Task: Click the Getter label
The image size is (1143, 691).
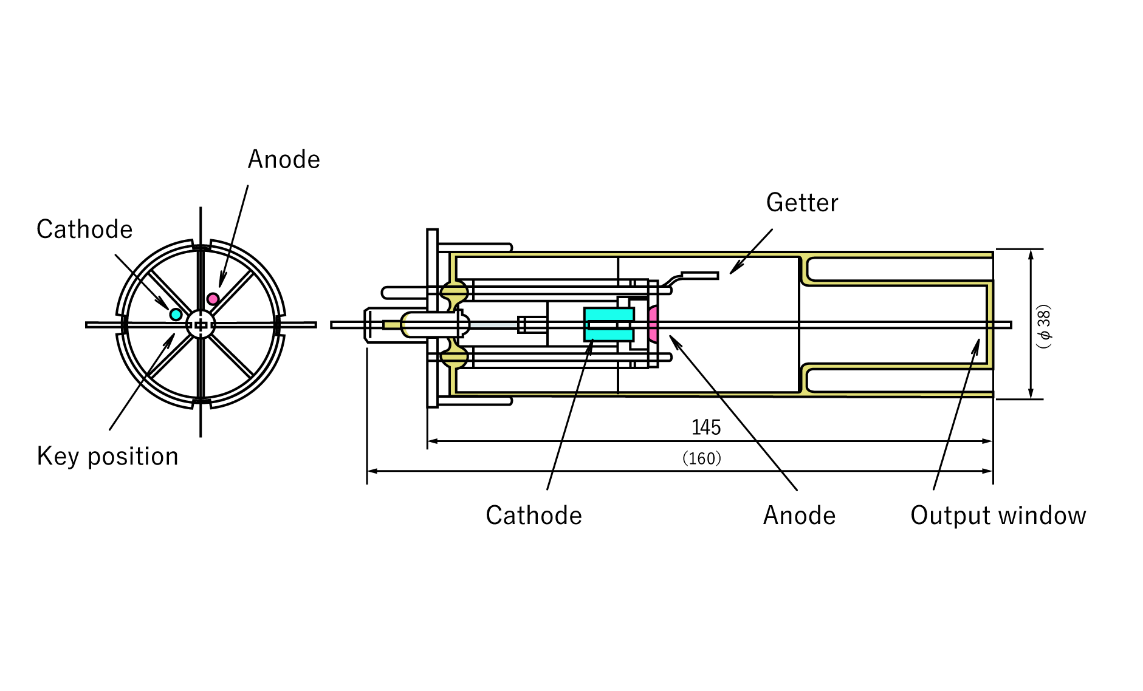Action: coord(801,203)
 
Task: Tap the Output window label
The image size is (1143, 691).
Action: coord(998,516)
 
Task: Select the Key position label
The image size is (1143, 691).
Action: coord(108,457)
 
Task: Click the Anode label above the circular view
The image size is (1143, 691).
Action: coord(284,160)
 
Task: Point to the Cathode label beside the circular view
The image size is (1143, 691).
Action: coord(84,230)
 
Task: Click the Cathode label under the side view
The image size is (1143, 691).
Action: coord(534,516)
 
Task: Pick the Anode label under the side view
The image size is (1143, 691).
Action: coord(799,516)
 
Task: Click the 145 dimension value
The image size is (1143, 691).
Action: coord(706,427)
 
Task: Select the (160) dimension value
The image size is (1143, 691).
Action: coord(702,458)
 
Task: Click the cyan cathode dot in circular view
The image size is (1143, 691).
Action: coord(176,314)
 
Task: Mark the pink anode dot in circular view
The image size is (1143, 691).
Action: coord(213,299)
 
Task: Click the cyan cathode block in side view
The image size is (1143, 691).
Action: coord(608,324)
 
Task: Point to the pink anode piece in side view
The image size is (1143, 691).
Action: coord(653,324)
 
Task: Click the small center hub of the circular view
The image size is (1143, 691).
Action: coord(201,325)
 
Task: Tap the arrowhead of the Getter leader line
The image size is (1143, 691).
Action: coord(732,272)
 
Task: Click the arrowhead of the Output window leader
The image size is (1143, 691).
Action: coord(977,342)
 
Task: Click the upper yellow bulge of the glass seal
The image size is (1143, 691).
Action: coord(455,293)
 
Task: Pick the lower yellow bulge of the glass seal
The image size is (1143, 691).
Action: coord(455,357)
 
